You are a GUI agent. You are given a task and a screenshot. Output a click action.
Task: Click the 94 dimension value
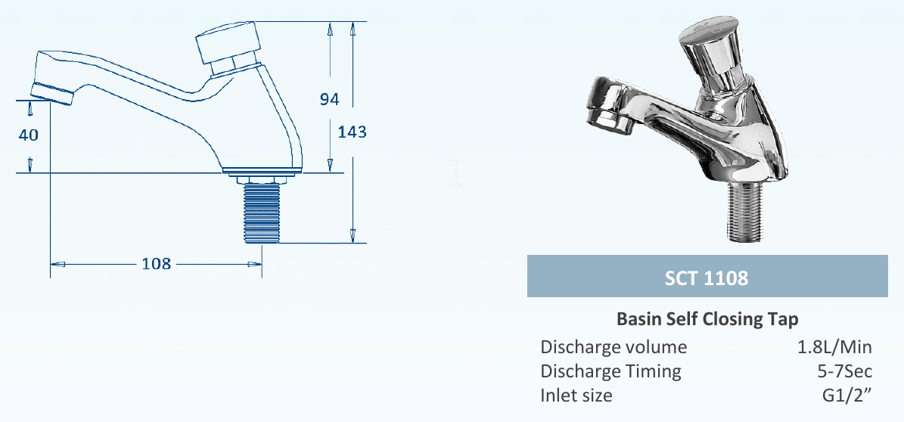(x=329, y=99)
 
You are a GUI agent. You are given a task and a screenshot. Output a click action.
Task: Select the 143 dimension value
(x=353, y=132)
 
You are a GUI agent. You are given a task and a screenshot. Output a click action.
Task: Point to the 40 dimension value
(x=29, y=134)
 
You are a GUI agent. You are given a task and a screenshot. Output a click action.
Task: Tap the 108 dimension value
(x=157, y=264)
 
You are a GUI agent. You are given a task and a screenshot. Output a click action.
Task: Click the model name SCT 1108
(x=707, y=278)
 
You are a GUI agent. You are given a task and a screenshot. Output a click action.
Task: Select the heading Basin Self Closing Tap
(x=707, y=318)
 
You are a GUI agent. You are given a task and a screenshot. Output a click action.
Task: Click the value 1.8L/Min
(x=834, y=347)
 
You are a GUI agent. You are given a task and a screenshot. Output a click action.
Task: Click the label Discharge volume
(x=614, y=347)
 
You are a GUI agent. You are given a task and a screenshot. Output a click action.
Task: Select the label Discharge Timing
(x=610, y=371)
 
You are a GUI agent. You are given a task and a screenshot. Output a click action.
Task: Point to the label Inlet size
(x=576, y=396)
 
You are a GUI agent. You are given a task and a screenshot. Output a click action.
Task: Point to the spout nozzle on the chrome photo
(x=607, y=117)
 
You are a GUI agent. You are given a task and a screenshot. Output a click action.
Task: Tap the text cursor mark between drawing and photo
(x=455, y=172)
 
